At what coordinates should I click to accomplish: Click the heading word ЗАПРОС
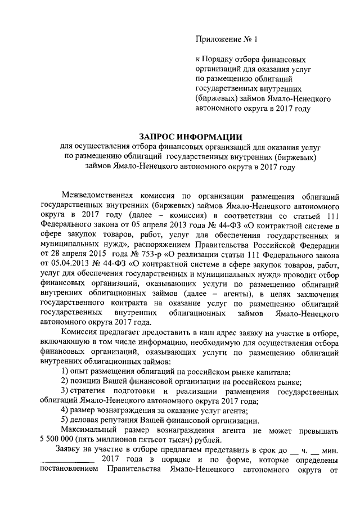coord(160,137)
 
